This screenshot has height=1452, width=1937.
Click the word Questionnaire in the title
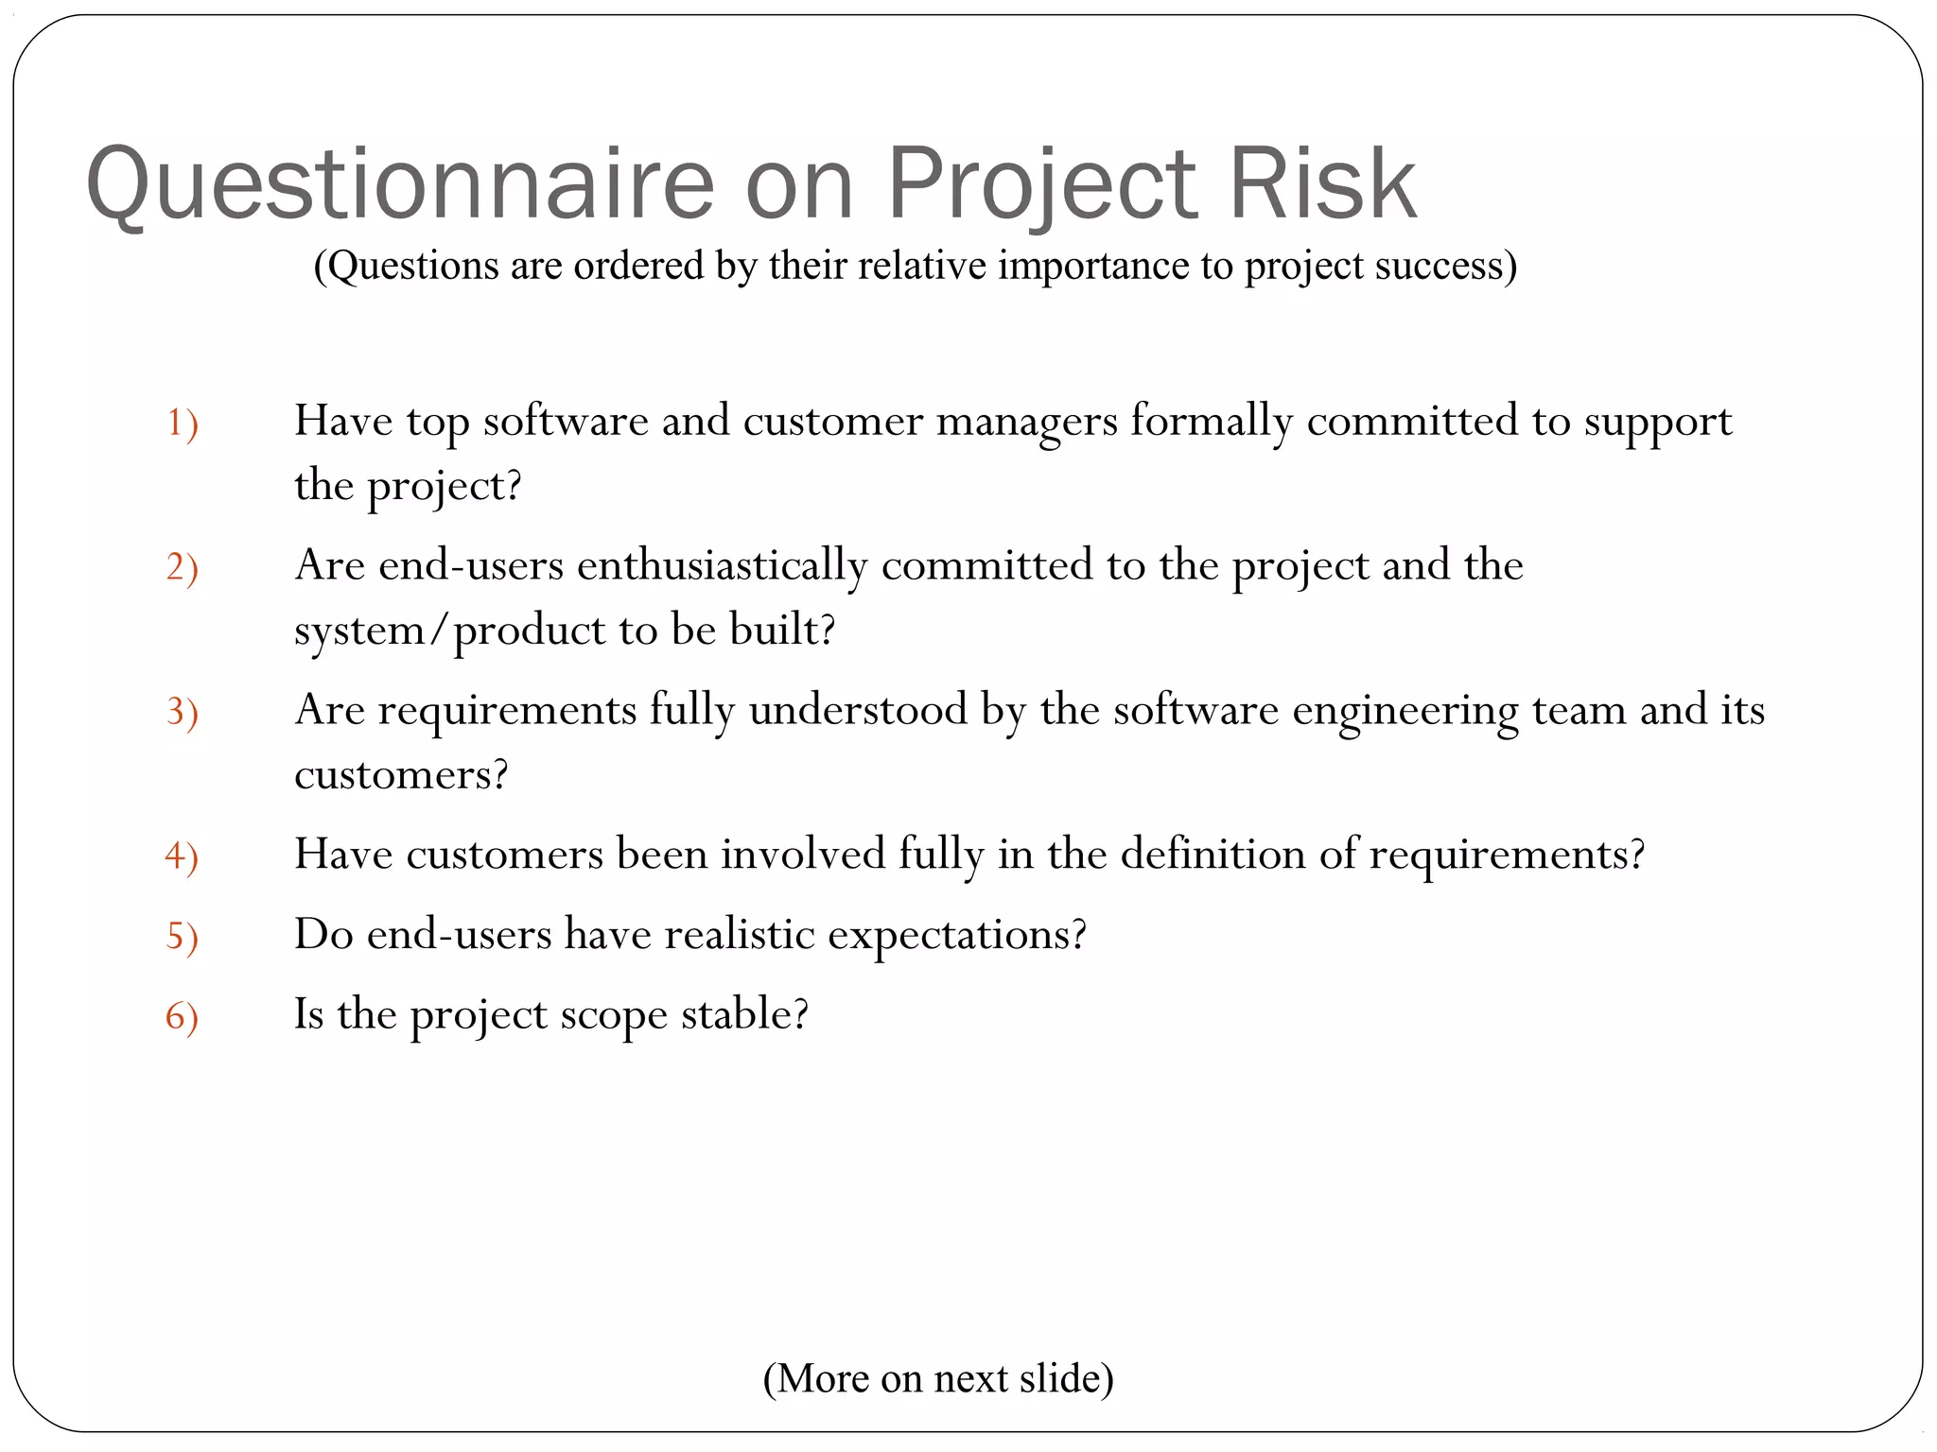point(400,185)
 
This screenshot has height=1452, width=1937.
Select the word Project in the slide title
point(1041,185)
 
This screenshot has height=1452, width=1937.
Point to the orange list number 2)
point(182,567)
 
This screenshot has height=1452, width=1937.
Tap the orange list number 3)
point(182,712)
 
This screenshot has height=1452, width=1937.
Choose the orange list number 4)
point(182,856)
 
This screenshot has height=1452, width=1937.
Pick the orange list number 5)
point(182,937)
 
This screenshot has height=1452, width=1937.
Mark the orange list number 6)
point(182,1017)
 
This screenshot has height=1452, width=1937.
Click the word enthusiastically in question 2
point(722,566)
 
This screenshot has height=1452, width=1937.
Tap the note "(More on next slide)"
point(938,1378)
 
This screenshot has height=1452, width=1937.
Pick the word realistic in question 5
point(739,935)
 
